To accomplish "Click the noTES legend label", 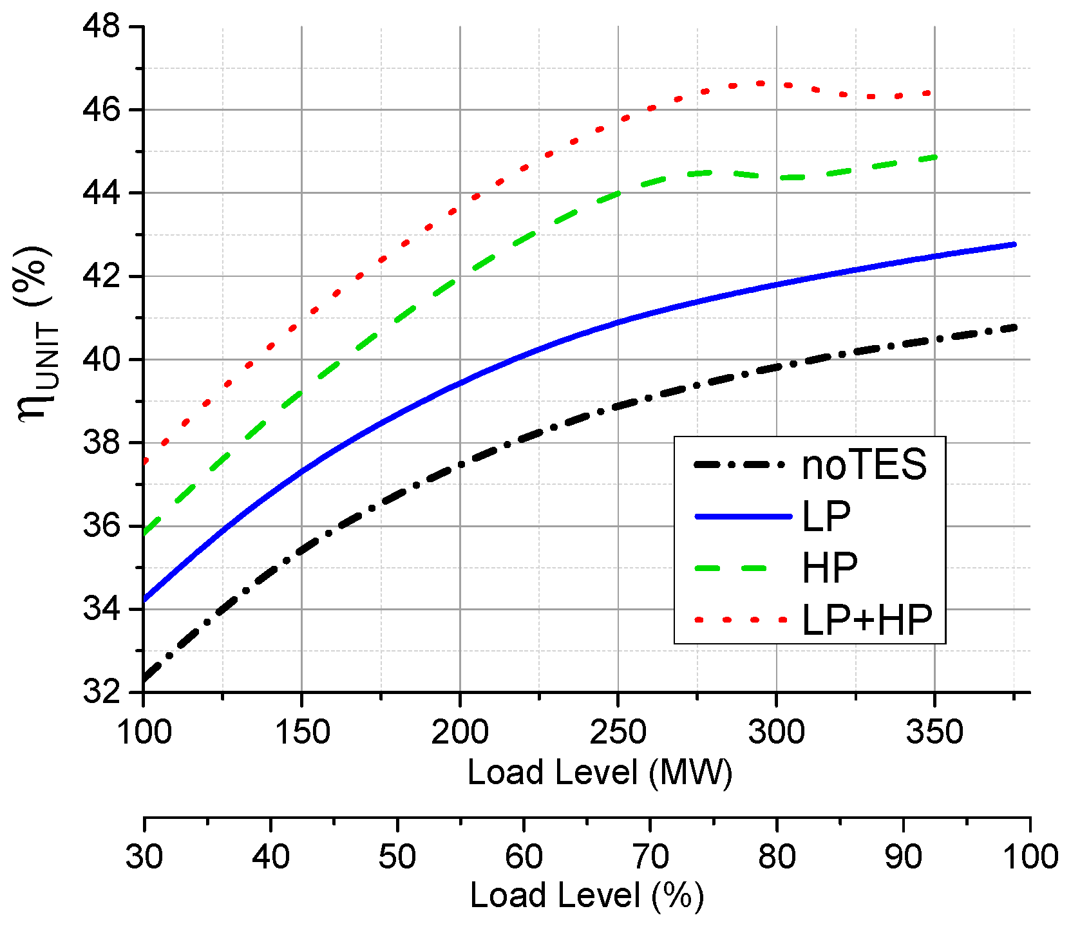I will pyautogui.click(x=864, y=464).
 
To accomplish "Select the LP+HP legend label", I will pyautogui.click(x=867, y=620).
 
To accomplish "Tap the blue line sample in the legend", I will pyautogui.click(x=743, y=516).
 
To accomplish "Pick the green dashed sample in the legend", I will pyautogui.click(x=731, y=568).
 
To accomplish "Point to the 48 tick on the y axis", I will pyautogui.click(x=101, y=27).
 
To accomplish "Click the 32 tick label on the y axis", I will pyautogui.click(x=101, y=693).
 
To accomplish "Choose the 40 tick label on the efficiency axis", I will pyautogui.click(x=101, y=360).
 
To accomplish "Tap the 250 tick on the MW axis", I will pyautogui.click(x=618, y=732).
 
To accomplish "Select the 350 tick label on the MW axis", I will pyautogui.click(x=934, y=732).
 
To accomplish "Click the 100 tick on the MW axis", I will pyautogui.click(x=144, y=732).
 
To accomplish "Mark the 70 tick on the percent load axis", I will pyautogui.click(x=650, y=857).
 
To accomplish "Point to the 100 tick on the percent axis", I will pyautogui.click(x=1030, y=857).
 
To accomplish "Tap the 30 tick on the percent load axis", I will pyautogui.click(x=144, y=857).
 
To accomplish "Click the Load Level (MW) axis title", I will pyautogui.click(x=600, y=773).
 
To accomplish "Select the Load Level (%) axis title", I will pyautogui.click(x=587, y=896).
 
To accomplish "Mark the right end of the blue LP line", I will pyautogui.click(x=1014, y=244).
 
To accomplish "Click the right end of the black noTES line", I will pyautogui.click(x=1014, y=328).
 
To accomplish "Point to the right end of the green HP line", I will pyautogui.click(x=934, y=156).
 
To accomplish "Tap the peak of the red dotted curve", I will pyautogui.click(x=761, y=83).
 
